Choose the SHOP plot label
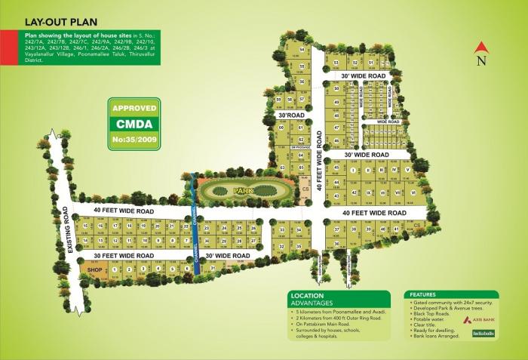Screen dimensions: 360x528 (94, 269)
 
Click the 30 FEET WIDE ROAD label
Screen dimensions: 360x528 (124, 256)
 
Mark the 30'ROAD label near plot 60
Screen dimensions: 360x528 (290, 115)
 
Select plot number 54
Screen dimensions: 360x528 (302, 50)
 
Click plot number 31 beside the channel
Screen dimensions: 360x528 (213, 268)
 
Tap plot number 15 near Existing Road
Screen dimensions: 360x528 (87, 226)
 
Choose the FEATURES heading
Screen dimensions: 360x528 (424, 294)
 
